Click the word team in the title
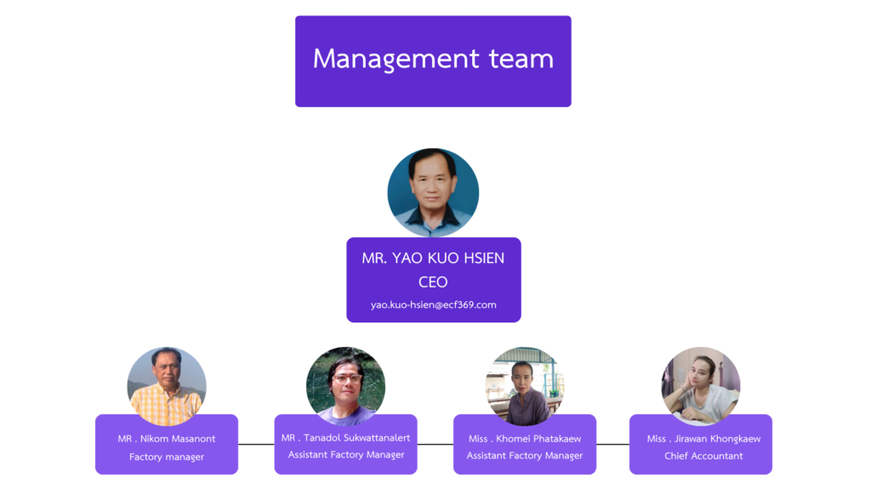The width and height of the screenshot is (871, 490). pyautogui.click(x=521, y=59)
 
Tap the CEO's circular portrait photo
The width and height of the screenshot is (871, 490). pyautogui.click(x=433, y=193)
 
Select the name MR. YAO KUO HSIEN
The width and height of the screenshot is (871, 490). pyautogui.click(x=433, y=259)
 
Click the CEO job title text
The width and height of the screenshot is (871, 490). pyautogui.click(x=433, y=282)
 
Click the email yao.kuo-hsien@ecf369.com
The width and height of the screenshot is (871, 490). pyautogui.click(x=433, y=305)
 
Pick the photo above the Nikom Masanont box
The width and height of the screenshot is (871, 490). pyautogui.click(x=167, y=386)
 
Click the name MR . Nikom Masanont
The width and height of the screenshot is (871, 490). pyautogui.click(x=167, y=439)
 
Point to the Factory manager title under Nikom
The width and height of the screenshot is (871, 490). pyautogui.click(x=167, y=457)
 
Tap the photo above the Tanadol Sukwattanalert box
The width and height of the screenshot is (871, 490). pyautogui.click(x=345, y=386)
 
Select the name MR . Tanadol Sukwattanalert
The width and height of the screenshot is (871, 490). pyautogui.click(x=345, y=437)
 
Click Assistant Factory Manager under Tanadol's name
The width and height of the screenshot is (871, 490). pyautogui.click(x=345, y=454)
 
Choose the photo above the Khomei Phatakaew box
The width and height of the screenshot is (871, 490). pyautogui.click(x=524, y=386)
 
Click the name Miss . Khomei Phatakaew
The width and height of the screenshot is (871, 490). pyautogui.click(x=525, y=439)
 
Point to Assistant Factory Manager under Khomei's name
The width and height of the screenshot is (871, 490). pyautogui.click(x=525, y=456)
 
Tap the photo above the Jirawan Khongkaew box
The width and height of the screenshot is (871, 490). pyautogui.click(x=701, y=386)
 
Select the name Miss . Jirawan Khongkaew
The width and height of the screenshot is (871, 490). pyautogui.click(x=703, y=439)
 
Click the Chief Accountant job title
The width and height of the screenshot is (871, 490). pyautogui.click(x=703, y=456)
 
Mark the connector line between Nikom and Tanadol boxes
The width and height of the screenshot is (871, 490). pyautogui.click(x=256, y=444)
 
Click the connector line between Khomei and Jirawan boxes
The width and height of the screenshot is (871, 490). pyautogui.click(x=612, y=444)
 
